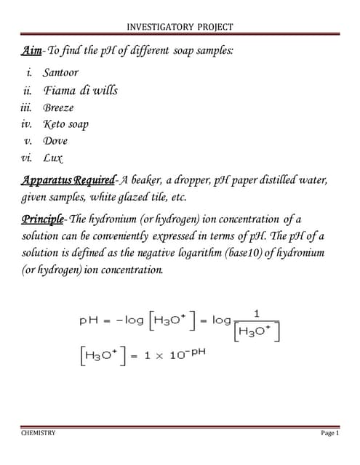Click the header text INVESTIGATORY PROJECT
click(x=180, y=27)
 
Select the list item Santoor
click(x=60, y=73)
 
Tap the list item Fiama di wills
click(x=80, y=91)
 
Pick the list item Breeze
click(x=58, y=108)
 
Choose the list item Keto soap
click(x=65, y=124)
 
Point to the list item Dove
click(x=55, y=140)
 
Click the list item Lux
click(x=52, y=157)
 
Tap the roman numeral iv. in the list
click(x=27, y=124)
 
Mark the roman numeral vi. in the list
click(x=27, y=157)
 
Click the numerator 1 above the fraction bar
click(x=257, y=313)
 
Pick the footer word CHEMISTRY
click(x=38, y=433)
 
